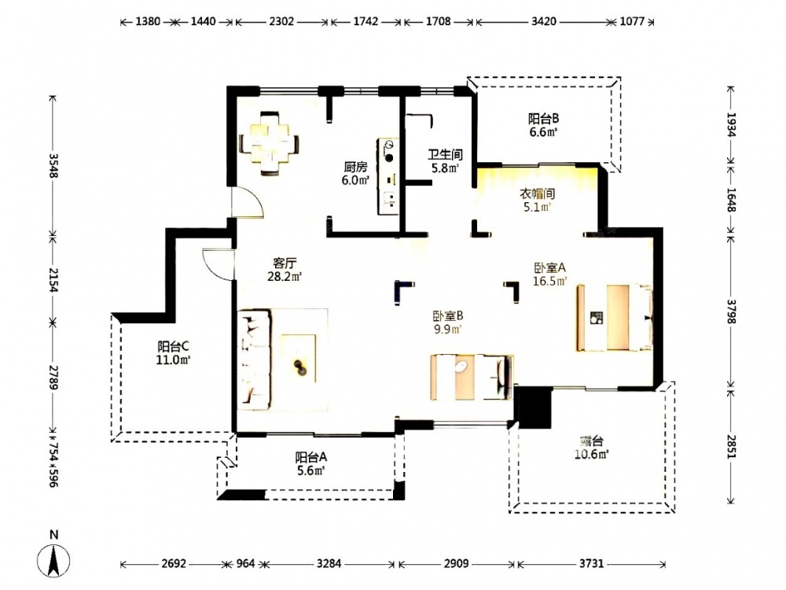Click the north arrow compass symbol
(53, 560)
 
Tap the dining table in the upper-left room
(270, 143)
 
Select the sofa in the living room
(254, 360)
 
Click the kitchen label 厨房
(355, 167)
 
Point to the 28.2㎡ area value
(285, 276)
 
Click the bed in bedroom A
(615, 318)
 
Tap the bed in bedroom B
(472, 378)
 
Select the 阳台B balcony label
(543, 119)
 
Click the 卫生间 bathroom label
(445, 154)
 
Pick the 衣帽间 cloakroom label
(537, 194)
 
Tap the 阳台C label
(173, 346)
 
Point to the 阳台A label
(310, 457)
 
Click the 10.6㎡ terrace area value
(592, 455)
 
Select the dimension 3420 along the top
(544, 21)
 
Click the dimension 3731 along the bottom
(592, 563)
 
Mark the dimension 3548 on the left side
(53, 165)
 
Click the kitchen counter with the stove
(388, 176)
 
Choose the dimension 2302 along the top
(281, 21)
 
